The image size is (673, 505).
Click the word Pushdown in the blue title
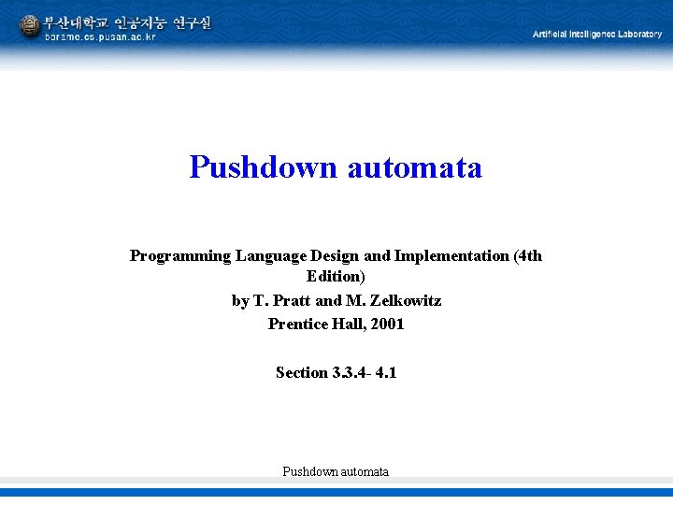(x=263, y=167)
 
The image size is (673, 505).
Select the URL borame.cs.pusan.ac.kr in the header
(x=100, y=37)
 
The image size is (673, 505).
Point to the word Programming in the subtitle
(x=180, y=255)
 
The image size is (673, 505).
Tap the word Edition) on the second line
(x=336, y=276)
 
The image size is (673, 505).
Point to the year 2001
(x=386, y=324)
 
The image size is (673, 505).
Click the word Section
(x=301, y=372)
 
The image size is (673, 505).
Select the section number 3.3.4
(x=350, y=372)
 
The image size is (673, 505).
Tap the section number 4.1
(x=386, y=372)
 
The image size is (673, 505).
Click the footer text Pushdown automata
(x=336, y=471)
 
